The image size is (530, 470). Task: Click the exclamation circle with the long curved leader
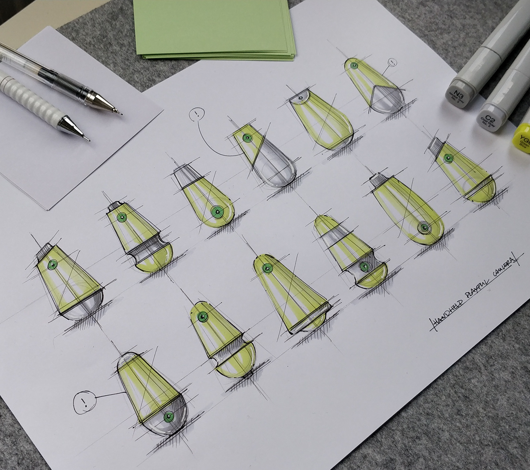click(196, 116)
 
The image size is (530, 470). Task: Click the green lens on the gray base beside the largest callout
click(169, 417)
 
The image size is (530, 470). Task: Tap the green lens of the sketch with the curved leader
click(246, 138)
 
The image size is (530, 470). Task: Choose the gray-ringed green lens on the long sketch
click(424, 228)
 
